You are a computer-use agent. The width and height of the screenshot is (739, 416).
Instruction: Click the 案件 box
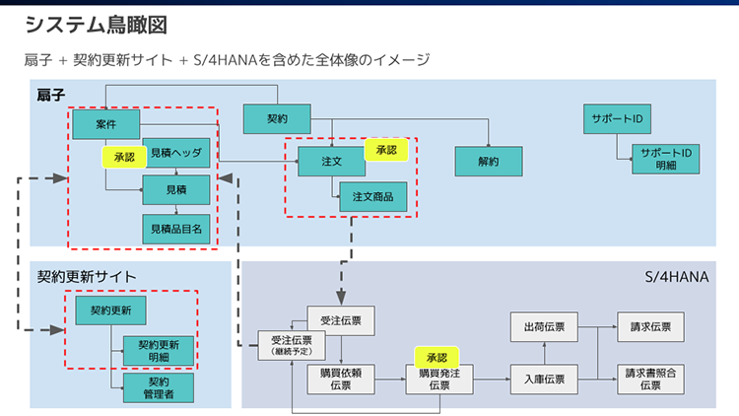pos(105,124)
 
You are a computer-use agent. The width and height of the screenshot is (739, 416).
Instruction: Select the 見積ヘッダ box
pos(176,154)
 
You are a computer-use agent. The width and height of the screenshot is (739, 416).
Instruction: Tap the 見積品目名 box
pos(176,229)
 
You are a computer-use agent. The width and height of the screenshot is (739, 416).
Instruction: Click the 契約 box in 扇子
pos(277,118)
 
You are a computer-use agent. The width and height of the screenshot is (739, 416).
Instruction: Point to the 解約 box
pos(489,161)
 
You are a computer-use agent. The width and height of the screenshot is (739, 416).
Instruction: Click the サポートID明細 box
pos(666,159)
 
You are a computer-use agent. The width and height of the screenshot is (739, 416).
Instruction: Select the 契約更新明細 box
pos(158,351)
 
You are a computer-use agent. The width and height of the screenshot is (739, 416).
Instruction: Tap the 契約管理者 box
pos(158,388)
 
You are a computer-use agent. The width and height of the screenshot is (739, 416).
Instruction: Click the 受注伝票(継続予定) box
pos(290,344)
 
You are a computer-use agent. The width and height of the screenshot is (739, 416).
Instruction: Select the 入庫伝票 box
pos(544,380)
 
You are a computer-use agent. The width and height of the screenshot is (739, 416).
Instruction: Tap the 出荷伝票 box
pos(544,327)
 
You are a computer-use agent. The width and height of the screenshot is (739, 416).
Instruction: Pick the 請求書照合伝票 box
pos(649,380)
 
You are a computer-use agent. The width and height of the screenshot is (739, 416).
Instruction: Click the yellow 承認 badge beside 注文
pos(386,150)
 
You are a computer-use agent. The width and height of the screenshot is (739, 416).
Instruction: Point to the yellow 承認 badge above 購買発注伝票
pos(437,357)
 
